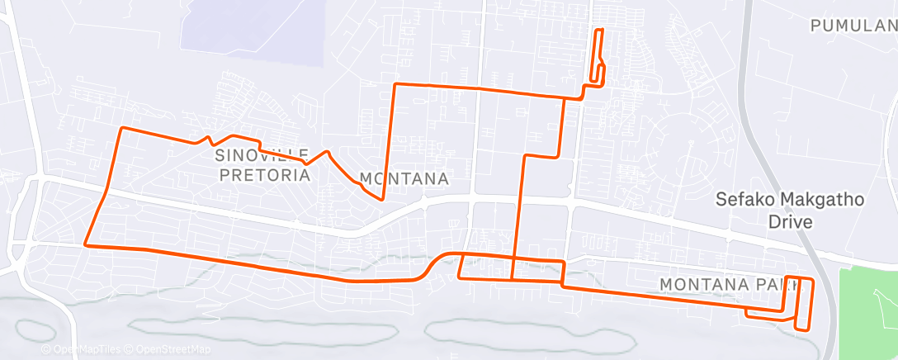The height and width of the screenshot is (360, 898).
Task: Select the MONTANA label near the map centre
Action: [x=404, y=179]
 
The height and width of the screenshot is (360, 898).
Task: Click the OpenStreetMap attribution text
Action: [x=166, y=349]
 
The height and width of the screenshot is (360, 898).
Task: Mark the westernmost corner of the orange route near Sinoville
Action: [x=122, y=129]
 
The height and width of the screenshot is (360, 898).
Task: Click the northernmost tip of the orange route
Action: [x=599, y=30]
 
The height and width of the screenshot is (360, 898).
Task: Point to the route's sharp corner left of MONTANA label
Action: [x=381, y=199]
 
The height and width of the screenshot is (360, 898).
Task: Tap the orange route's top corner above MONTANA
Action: [x=395, y=84]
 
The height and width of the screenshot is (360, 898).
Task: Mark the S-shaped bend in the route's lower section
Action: [x=434, y=265]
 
